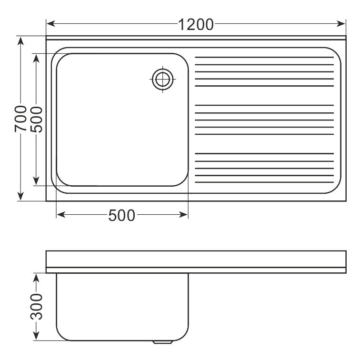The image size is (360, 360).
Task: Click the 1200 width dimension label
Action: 196,25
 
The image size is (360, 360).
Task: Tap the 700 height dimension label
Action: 20,119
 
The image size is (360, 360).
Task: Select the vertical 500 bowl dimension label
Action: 36,120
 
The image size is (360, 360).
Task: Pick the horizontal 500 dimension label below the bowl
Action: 122,215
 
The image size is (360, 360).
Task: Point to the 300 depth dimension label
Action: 37,307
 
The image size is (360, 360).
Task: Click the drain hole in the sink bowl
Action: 162,79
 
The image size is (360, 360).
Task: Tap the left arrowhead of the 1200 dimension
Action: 51,24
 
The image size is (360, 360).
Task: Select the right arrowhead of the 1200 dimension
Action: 341,24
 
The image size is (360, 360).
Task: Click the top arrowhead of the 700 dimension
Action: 20,41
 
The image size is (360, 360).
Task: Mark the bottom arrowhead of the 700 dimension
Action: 20,196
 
